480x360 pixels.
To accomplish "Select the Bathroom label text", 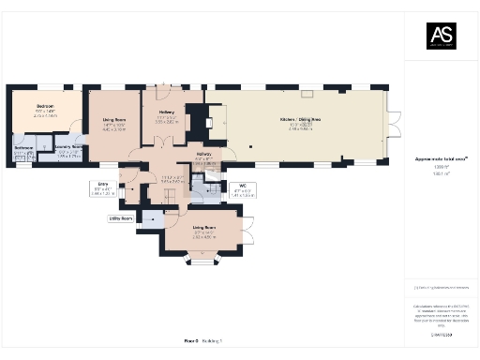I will pos(23,150).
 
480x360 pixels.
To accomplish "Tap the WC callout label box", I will pos(242,188).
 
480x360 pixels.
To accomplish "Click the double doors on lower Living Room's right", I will pos(247,231).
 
